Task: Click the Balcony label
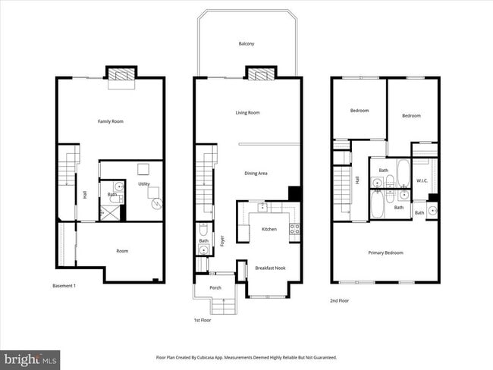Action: click(x=246, y=44)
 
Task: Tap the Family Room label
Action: click(x=111, y=121)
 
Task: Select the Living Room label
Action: click(x=247, y=113)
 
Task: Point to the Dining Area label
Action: click(x=256, y=174)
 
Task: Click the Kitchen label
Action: click(x=269, y=229)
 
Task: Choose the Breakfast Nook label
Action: click(x=269, y=268)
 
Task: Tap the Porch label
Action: click(x=215, y=287)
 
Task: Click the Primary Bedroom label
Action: click(x=385, y=252)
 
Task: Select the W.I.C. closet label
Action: click(x=423, y=180)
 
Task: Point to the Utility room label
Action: click(x=144, y=184)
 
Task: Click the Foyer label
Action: click(x=222, y=240)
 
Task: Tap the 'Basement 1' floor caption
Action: click(x=64, y=286)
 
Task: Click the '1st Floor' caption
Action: click(x=203, y=321)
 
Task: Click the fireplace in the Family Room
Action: click(x=121, y=75)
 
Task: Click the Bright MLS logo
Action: click(x=30, y=358)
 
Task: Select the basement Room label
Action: click(x=122, y=251)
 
